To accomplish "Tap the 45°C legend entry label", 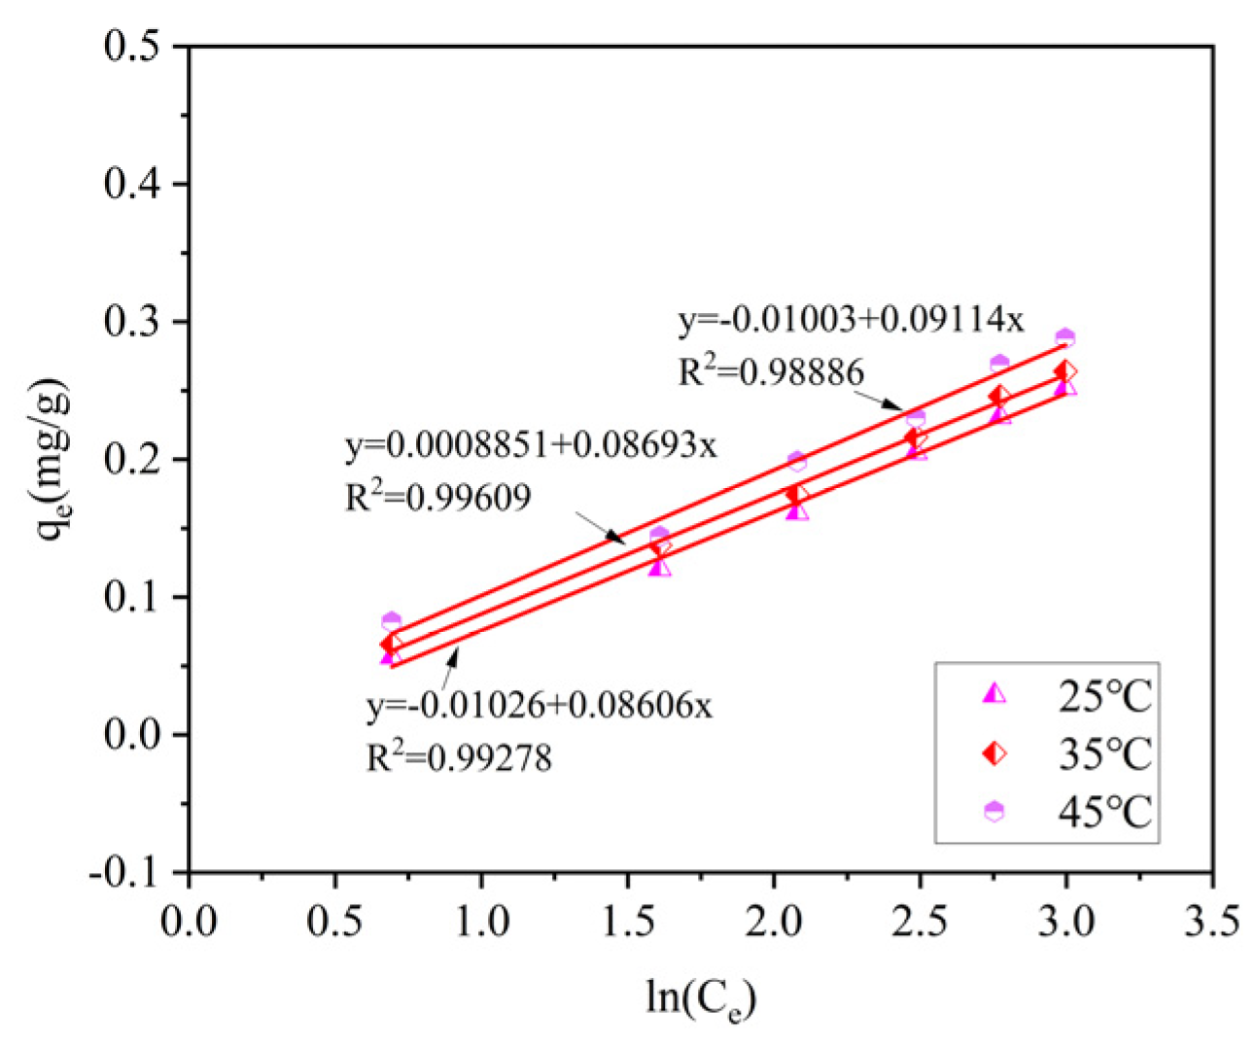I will click(x=1104, y=811).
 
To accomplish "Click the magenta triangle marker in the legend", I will click(x=994, y=694).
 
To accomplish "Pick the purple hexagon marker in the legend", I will click(x=994, y=811).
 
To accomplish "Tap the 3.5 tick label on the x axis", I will click(x=1211, y=920).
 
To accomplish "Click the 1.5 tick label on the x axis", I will click(x=627, y=920).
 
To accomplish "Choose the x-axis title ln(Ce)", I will click(x=700, y=996).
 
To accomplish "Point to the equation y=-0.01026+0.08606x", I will click(x=540, y=704).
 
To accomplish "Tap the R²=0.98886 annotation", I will click(x=771, y=371).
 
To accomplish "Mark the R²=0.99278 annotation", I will click(x=459, y=756).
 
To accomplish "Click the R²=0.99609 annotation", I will click(x=438, y=498).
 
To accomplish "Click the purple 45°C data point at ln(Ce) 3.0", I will click(x=1065, y=337).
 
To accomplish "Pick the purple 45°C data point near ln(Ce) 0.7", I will click(x=392, y=620).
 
